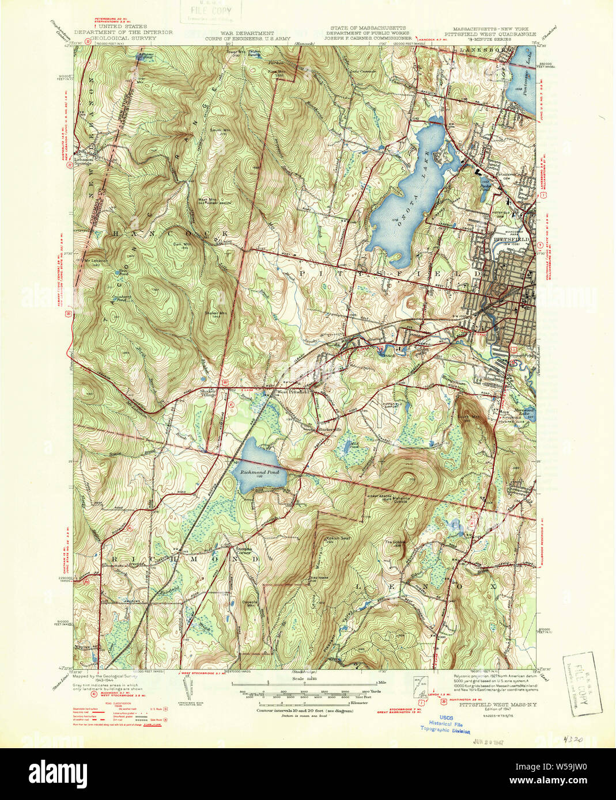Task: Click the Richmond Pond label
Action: tap(255, 472)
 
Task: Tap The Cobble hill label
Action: tap(396, 543)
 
